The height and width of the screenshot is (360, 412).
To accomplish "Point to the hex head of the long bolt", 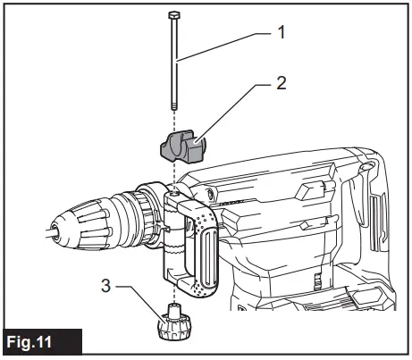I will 172,15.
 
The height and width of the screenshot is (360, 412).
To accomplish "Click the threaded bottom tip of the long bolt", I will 172,105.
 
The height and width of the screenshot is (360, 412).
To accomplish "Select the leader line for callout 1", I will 223,45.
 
